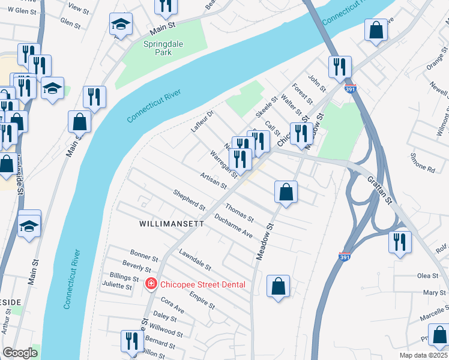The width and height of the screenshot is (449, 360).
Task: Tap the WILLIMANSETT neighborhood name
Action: click(x=172, y=223)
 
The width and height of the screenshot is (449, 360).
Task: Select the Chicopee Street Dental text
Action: click(x=202, y=284)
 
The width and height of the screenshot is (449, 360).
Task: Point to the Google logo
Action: click(x=20, y=353)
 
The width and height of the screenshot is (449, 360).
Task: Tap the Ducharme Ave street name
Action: click(x=233, y=226)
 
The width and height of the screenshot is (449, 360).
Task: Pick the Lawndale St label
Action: click(x=194, y=259)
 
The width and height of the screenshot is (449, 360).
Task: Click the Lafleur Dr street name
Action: click(x=202, y=122)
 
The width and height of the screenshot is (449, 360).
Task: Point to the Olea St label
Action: click(x=428, y=275)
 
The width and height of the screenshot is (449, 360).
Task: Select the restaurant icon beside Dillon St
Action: click(x=130, y=340)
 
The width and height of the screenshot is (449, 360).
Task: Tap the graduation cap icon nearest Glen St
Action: click(x=121, y=25)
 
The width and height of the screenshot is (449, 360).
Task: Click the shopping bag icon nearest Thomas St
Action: click(x=286, y=192)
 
